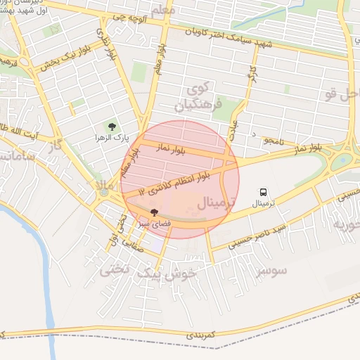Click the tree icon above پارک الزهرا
coord(110,127)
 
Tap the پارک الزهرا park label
coord(110,138)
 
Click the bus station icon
coord(263,191)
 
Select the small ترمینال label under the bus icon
coord(263,202)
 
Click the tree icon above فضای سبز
coord(154,212)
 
